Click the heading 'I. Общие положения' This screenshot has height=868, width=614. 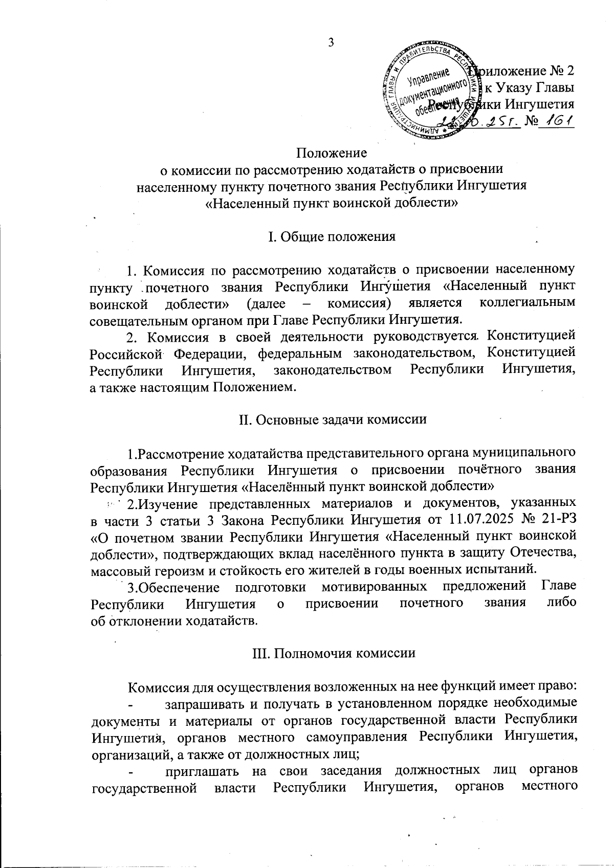pos(332,236)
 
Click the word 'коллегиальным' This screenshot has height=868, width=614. pos(528,303)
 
